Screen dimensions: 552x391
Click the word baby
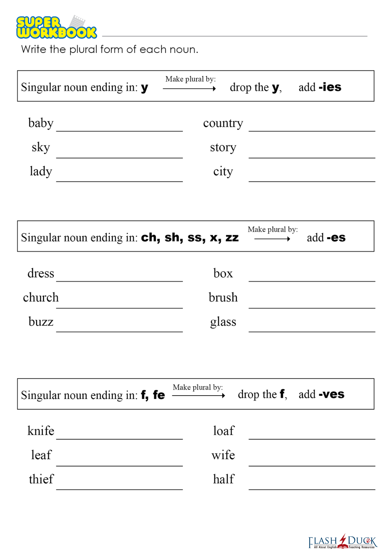41,123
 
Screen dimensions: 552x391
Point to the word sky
41,147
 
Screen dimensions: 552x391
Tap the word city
223,171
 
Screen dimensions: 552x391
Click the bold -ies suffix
330,87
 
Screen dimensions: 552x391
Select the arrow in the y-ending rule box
190,89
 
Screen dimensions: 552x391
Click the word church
41,297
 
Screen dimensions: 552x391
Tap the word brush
223,297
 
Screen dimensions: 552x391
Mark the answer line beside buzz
119,331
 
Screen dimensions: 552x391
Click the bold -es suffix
336,238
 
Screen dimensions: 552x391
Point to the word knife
41,431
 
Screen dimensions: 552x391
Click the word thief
41,479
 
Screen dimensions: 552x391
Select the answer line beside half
312,489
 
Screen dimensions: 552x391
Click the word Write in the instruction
33,49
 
